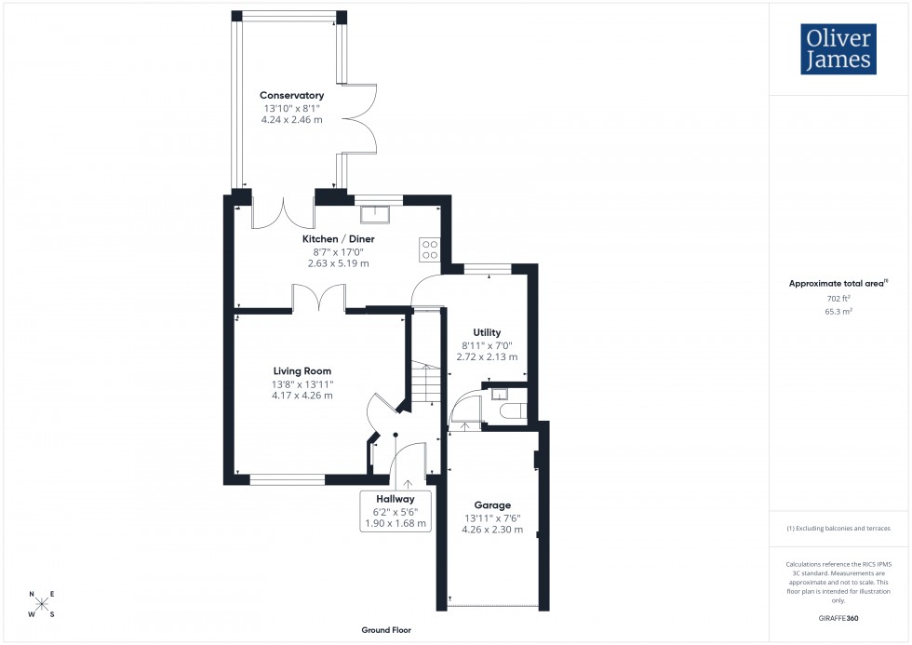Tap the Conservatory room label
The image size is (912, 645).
[291, 96]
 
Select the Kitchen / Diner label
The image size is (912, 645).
[338, 239]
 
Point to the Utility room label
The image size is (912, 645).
[487, 332]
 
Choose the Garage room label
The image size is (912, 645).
[492, 505]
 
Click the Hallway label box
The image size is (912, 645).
[395, 511]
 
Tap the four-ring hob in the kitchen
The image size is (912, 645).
[430, 249]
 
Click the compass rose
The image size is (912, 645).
[42, 604]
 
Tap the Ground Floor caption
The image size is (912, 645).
[386, 630]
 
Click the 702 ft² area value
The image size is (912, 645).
[838, 299]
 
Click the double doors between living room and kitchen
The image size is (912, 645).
[319, 299]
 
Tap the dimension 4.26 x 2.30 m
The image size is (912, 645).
[492, 530]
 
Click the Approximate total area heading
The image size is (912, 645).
[837, 283]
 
